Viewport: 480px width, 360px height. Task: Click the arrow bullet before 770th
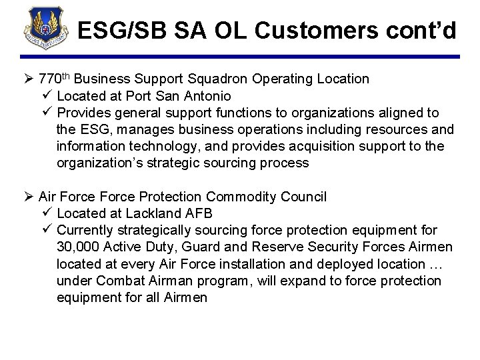(x=30, y=79)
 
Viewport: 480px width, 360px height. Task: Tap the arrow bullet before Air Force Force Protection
(x=30, y=197)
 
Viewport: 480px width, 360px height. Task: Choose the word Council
(x=305, y=197)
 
